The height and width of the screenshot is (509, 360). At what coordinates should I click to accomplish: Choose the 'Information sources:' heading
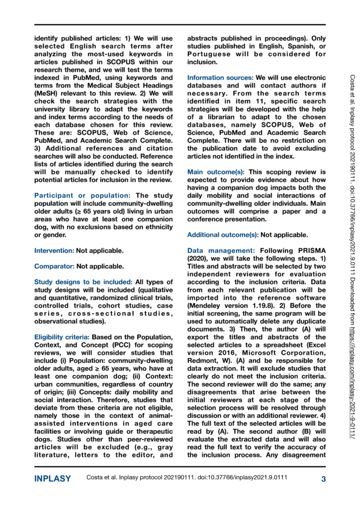(x=220, y=78)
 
